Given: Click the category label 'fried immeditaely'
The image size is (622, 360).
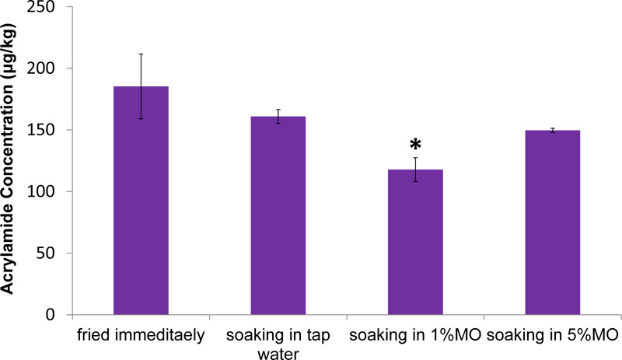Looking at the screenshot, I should point(141,335).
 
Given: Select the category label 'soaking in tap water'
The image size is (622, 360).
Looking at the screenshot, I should point(278,342).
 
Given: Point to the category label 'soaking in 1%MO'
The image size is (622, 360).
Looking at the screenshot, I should point(414,335).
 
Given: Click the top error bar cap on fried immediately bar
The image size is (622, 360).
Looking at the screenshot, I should point(141,54).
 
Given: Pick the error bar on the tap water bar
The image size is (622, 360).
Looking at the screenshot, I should point(278,117).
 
